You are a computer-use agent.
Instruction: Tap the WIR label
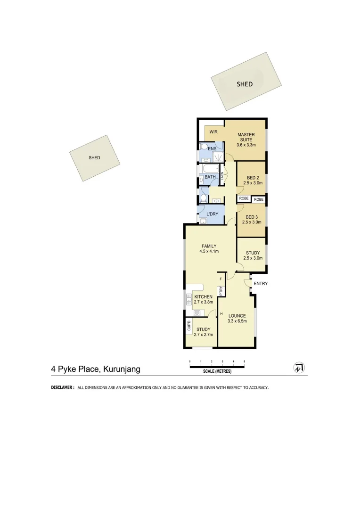tap(213, 132)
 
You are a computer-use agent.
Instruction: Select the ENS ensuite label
tap(213, 149)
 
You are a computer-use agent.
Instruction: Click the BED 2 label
tap(253, 178)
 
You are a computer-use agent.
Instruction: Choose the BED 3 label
tap(252, 217)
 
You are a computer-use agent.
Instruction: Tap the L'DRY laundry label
tap(212, 214)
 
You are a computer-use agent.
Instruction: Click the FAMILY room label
tap(209, 246)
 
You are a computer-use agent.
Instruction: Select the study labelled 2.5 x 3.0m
tap(253, 253)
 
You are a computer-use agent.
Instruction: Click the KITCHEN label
tap(203, 296)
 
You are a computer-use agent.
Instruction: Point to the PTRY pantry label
tap(221, 290)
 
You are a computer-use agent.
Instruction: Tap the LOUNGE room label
tap(237, 316)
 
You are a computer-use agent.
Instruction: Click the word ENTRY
tap(261, 284)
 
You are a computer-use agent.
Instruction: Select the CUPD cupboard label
tap(189, 325)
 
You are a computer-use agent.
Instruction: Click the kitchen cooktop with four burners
tap(196, 312)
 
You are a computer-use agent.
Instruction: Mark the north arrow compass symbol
tap(299, 368)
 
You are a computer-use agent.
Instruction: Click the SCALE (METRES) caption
tap(217, 371)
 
